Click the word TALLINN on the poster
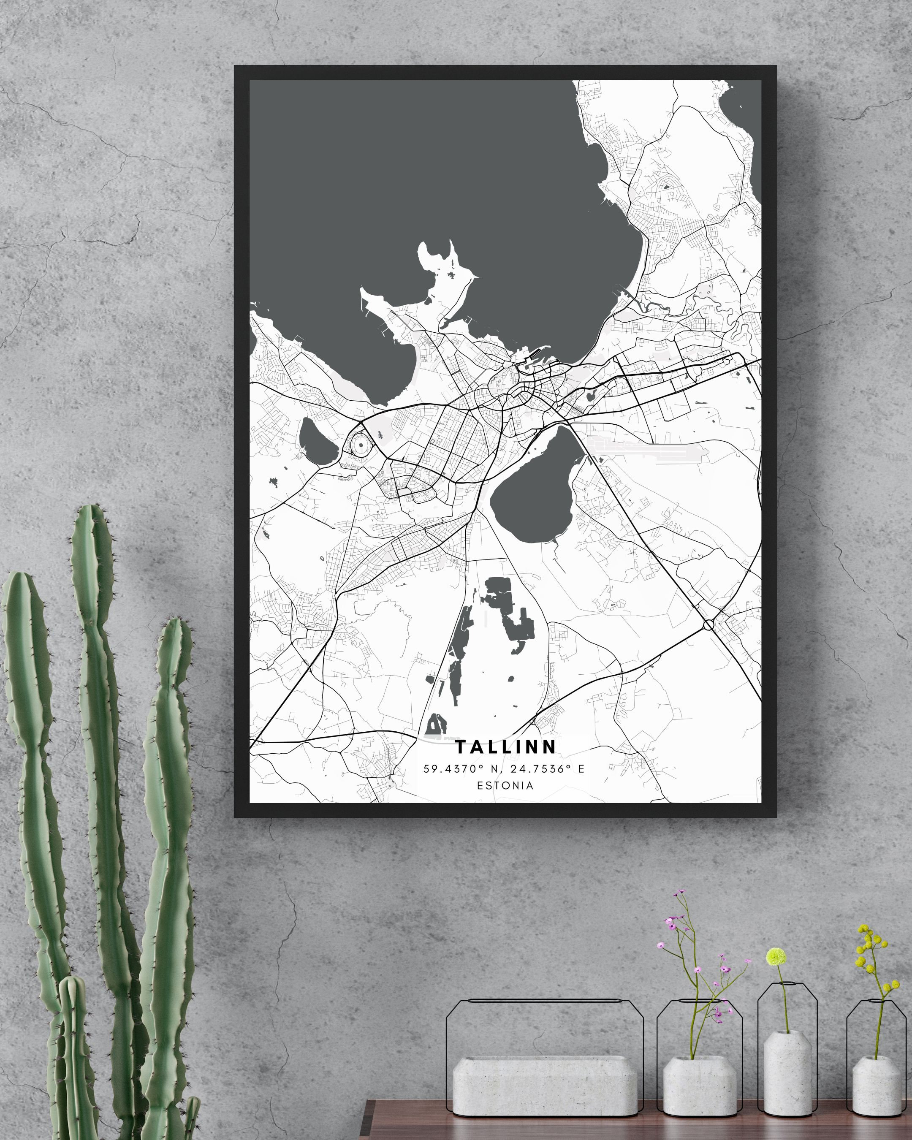click(505, 746)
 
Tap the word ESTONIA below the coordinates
click(505, 786)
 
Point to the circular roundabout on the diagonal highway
click(708, 625)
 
